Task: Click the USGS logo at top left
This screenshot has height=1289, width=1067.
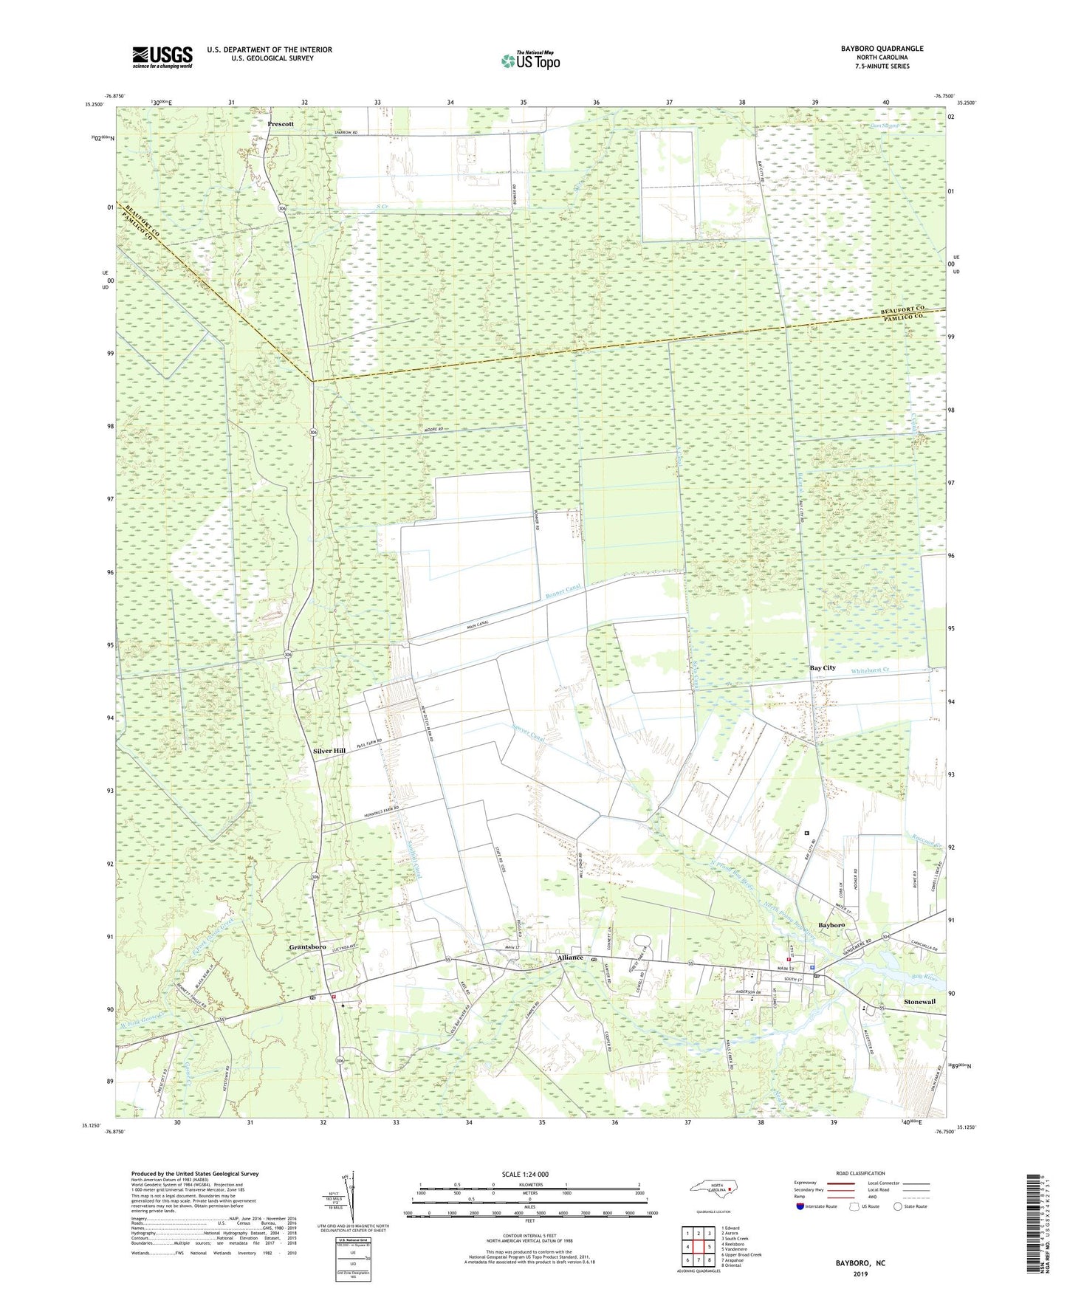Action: [x=162, y=57]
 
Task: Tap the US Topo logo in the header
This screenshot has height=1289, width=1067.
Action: [x=530, y=61]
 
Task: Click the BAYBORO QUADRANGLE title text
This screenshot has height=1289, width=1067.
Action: [x=881, y=49]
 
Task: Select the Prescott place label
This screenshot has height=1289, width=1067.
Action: [x=281, y=124]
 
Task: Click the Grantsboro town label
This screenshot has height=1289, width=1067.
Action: [x=308, y=946]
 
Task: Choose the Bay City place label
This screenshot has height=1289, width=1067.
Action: [x=823, y=667]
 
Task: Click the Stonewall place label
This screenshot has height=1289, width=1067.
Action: [x=919, y=1002]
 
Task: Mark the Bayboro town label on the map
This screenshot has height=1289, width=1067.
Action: [x=831, y=925]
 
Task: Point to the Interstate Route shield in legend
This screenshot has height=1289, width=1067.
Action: [x=802, y=1207]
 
